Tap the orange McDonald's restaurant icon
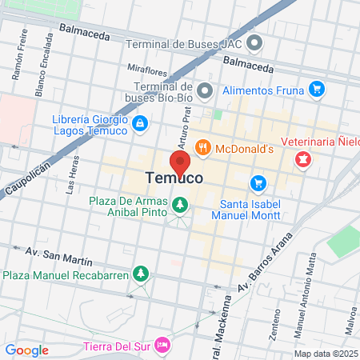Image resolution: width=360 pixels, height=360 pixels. [x=203, y=147]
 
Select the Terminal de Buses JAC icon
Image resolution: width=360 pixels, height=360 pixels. [x=254, y=42]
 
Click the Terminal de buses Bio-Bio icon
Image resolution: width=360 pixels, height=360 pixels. [x=205, y=90]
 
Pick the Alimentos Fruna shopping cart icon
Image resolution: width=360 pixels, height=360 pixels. [x=317, y=90]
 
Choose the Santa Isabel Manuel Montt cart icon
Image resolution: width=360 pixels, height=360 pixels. [x=258, y=183]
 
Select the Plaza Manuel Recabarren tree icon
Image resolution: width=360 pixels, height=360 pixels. [x=142, y=274]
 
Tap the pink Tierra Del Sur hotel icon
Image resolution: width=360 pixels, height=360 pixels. [x=163, y=345]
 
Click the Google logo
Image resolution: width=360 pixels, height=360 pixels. [x=26, y=350]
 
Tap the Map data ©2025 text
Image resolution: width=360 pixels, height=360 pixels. [x=325, y=353]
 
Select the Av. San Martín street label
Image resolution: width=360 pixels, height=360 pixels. [x=59, y=255]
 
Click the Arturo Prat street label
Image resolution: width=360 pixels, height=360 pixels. [x=184, y=125]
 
